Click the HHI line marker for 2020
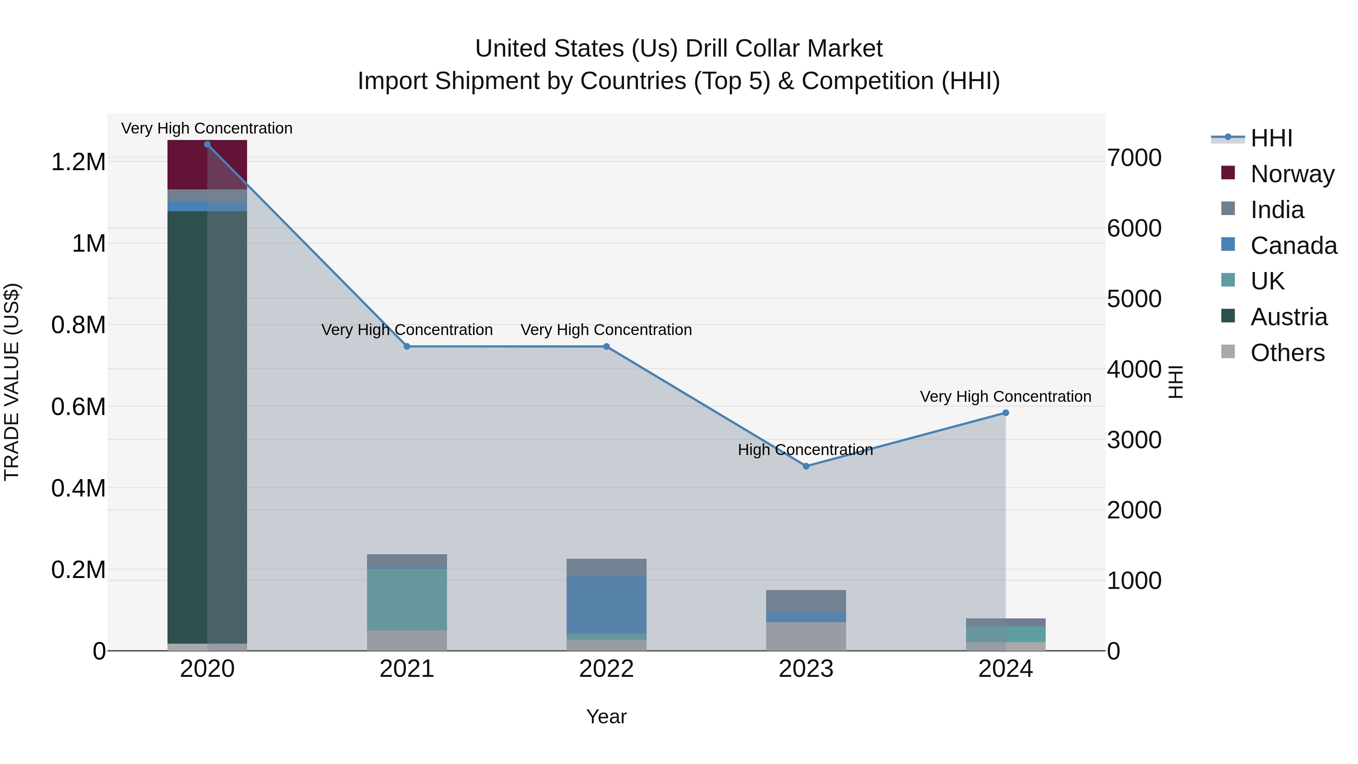click(207, 144)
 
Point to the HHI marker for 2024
click(1005, 413)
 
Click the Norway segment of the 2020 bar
click(207, 164)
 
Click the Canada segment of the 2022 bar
click(606, 605)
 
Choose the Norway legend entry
click(1292, 174)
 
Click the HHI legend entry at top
click(1270, 138)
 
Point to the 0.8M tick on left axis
click(78, 325)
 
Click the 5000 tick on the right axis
click(1134, 299)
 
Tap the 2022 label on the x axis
click(606, 669)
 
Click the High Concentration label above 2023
click(805, 450)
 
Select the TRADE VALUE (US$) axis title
click(12, 382)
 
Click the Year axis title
click(606, 716)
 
